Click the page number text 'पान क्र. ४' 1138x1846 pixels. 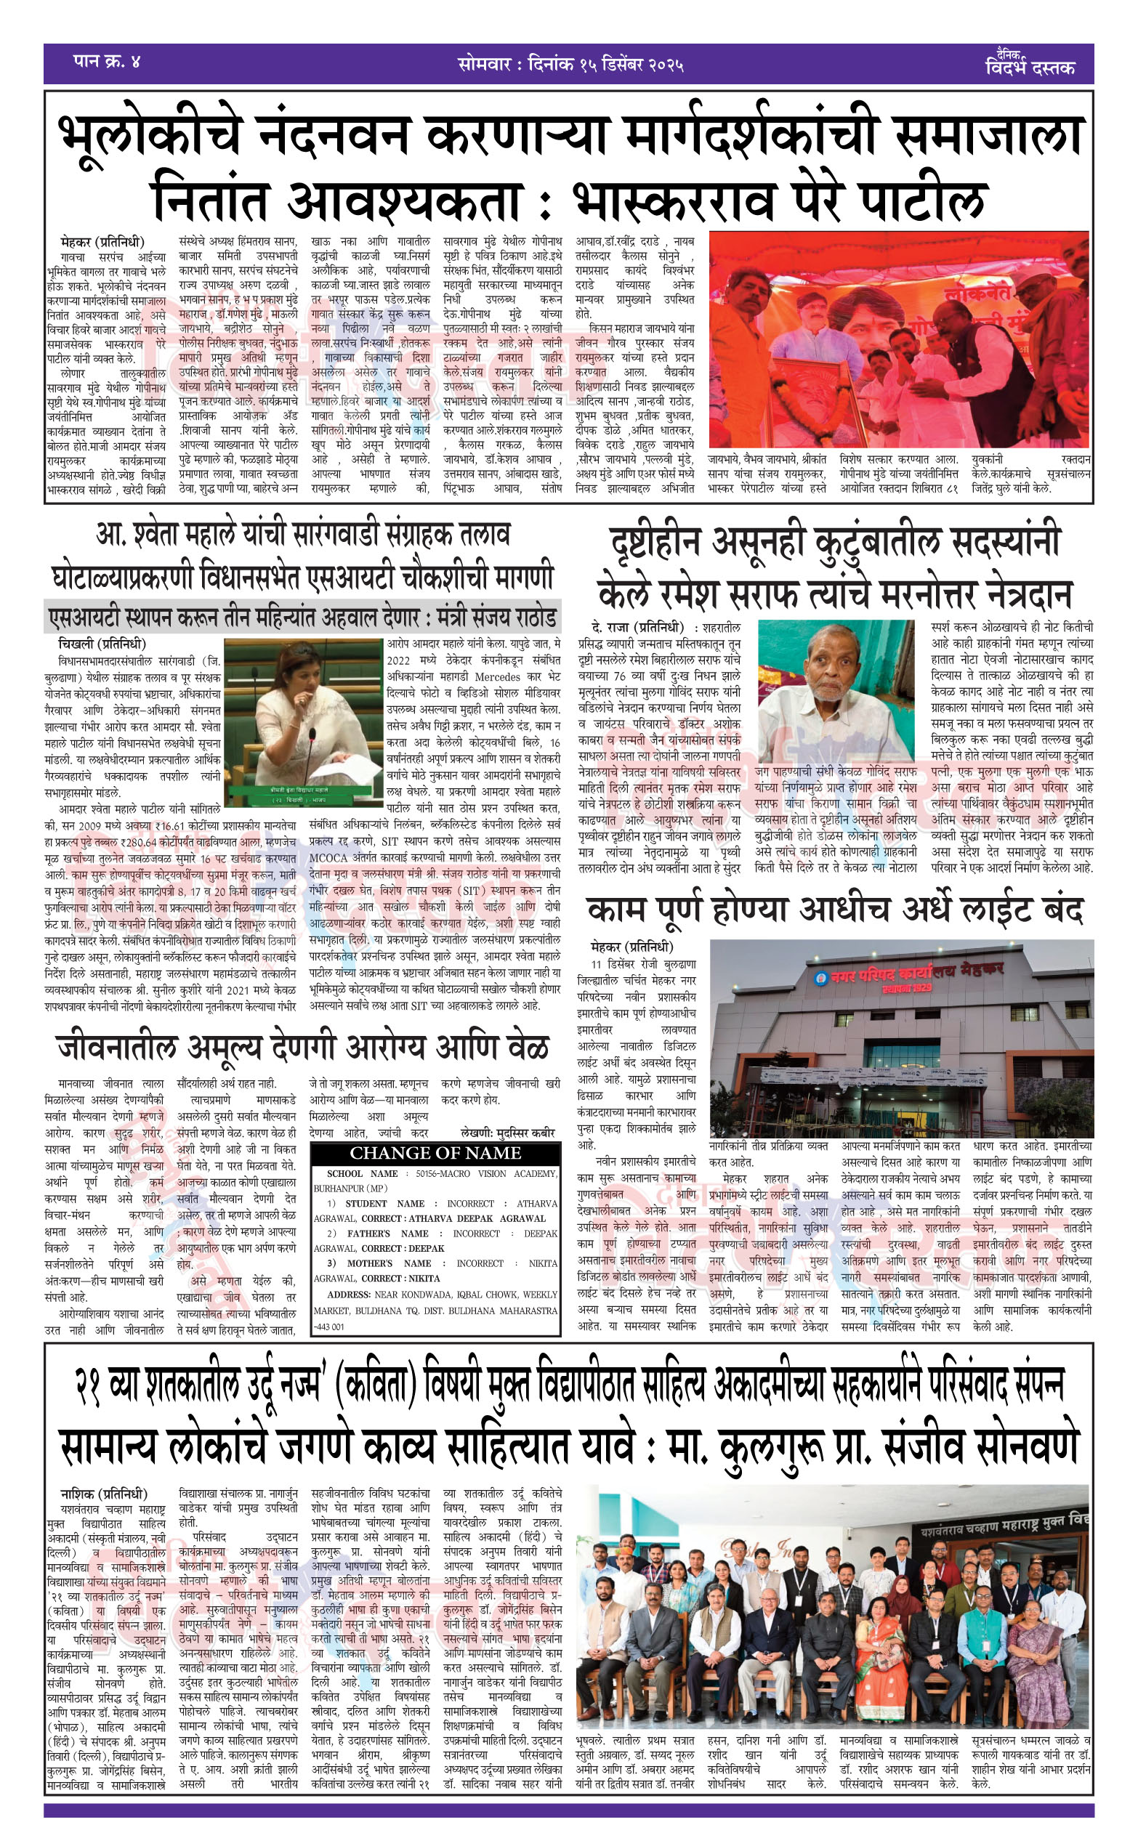[107, 61]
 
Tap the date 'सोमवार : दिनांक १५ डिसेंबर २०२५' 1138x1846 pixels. [570, 64]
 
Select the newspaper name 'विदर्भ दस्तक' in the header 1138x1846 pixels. [1029, 66]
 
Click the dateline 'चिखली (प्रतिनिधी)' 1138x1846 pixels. [102, 644]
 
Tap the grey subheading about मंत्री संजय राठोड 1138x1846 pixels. [302, 618]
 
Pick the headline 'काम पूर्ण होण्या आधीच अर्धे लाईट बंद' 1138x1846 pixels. [835, 910]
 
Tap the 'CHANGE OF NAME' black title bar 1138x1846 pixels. [435, 1152]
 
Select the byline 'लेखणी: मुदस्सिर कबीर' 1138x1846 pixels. [507, 1132]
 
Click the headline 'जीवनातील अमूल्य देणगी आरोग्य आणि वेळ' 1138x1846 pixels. [302, 1047]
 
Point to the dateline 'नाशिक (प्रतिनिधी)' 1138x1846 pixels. [104, 1493]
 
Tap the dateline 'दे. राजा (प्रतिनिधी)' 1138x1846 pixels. [637, 628]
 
